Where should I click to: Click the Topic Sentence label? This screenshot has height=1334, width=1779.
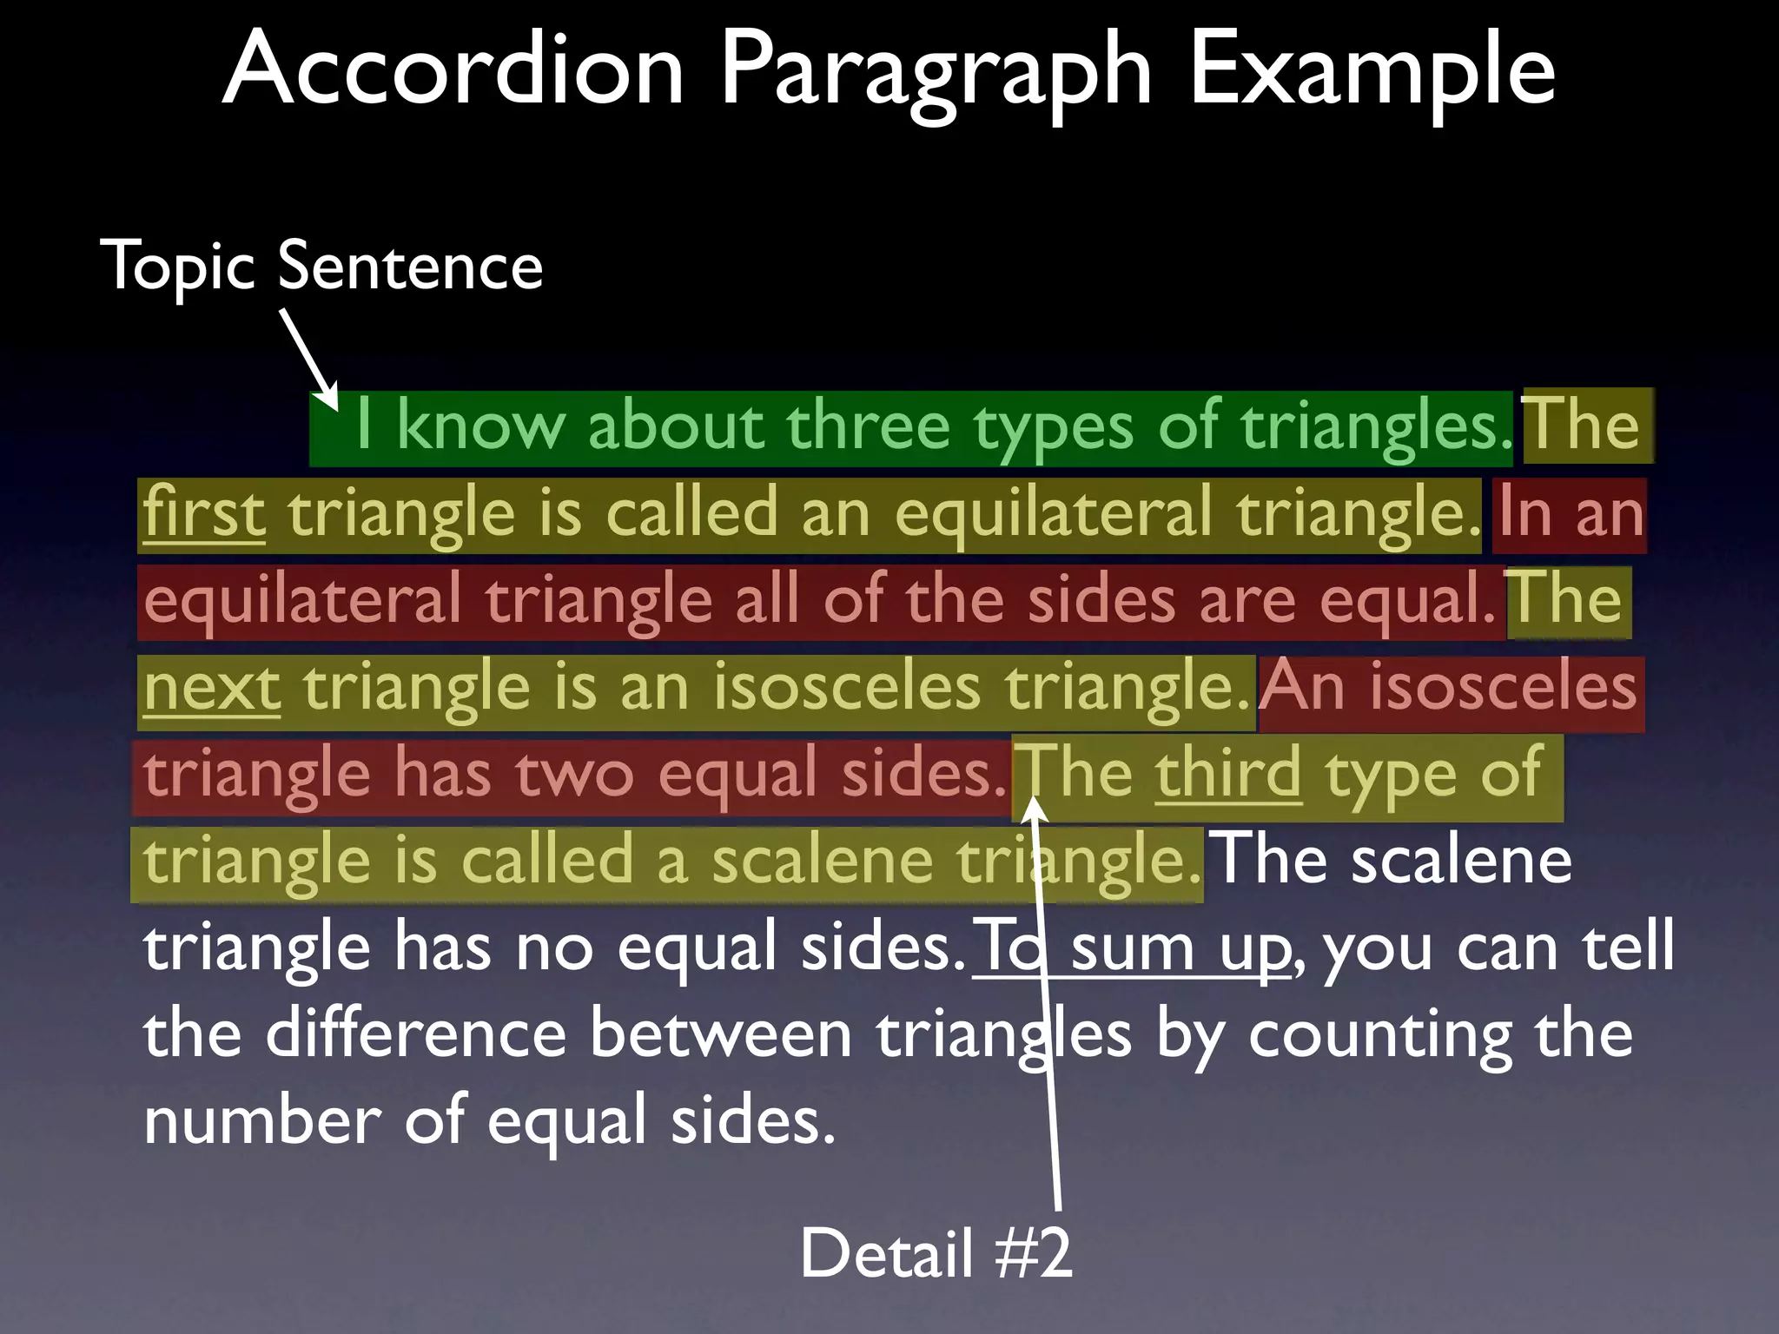point(321,266)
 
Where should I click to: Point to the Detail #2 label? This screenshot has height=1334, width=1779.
point(936,1252)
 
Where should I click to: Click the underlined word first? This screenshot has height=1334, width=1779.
point(204,512)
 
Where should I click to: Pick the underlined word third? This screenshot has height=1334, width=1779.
point(1227,773)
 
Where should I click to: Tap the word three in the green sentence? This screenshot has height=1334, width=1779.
point(868,426)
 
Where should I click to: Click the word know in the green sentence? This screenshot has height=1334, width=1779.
point(480,426)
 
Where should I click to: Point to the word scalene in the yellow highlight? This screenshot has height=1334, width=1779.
point(822,860)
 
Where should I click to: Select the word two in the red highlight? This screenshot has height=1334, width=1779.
point(574,773)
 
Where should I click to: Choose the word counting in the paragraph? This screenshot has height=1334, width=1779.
point(1380,1035)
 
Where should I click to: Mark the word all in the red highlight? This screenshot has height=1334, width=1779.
point(767,599)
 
